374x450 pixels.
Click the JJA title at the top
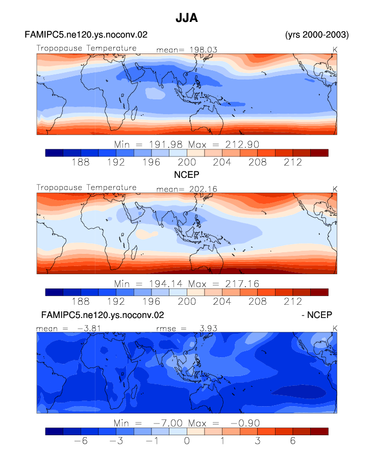pos(187,18)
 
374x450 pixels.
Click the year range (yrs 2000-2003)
pos(317,35)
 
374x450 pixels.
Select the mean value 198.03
pos(204,49)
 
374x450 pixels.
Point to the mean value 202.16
pos(203,189)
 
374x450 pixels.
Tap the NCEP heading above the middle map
pos(187,174)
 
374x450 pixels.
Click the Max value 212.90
pos(242,144)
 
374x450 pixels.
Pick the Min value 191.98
pos(166,144)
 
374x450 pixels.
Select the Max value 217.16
pos(242,284)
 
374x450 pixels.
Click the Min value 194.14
pos(166,284)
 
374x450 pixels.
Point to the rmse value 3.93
pos(209,328)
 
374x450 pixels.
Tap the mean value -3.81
pos(89,328)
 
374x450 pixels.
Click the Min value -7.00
pos(168,423)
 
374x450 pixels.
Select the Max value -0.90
pos(245,423)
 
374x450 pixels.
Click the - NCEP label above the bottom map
pos(317,315)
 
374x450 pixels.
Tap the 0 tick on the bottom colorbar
pos(187,440)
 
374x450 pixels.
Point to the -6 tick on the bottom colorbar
pos(81,440)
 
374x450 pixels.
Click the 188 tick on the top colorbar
pos(81,162)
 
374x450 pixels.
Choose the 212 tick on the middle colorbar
pos(293,301)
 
